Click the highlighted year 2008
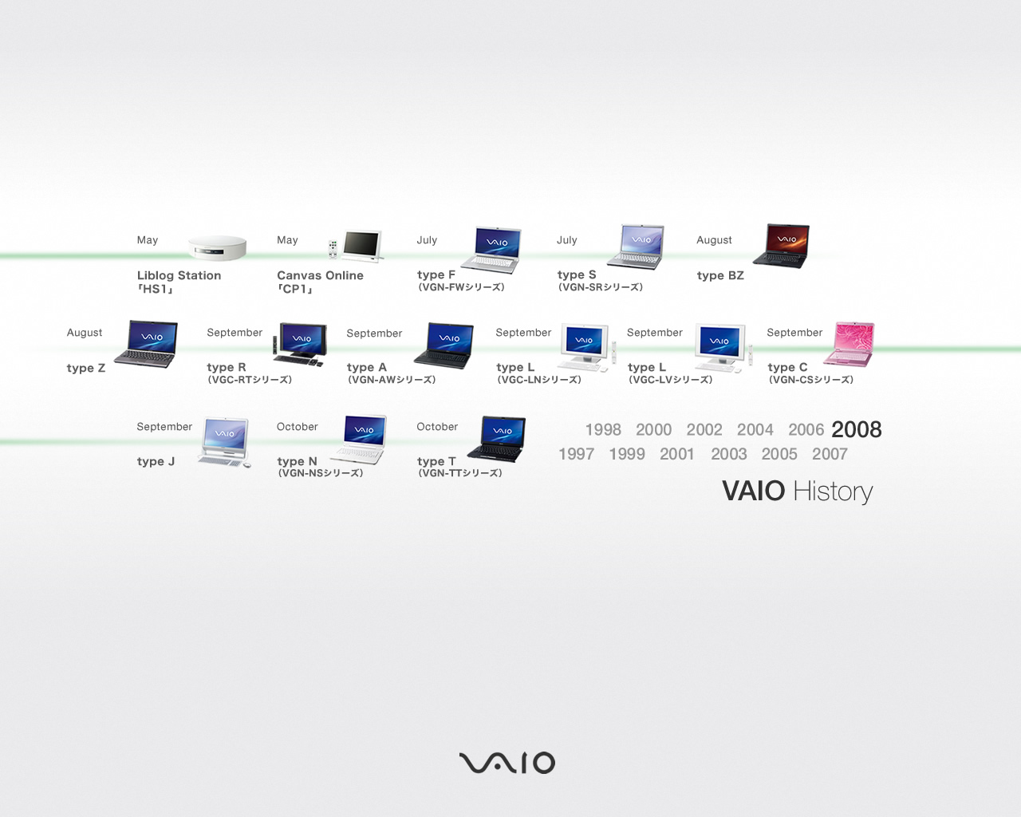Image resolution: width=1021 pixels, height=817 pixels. (857, 429)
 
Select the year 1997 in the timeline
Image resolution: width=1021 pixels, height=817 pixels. (576, 454)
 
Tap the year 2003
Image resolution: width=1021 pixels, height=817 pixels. (729, 454)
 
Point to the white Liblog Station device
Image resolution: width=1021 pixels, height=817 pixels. (217, 248)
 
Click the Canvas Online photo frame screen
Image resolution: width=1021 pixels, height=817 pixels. (362, 245)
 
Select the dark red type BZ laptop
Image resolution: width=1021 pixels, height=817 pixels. (782, 246)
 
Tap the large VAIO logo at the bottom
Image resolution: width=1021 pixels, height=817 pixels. (507, 763)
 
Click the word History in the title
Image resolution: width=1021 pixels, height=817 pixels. (833, 491)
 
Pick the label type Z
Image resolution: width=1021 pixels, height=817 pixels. (86, 368)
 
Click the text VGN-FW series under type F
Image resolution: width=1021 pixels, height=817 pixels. (461, 287)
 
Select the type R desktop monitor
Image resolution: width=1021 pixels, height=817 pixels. (302, 341)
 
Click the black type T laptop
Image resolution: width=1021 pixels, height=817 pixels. (497, 439)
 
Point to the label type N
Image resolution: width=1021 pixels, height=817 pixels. (297, 461)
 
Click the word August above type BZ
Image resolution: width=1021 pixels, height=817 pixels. (714, 240)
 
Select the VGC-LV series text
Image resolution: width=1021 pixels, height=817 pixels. (670, 380)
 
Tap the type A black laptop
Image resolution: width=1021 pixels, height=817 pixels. (444, 345)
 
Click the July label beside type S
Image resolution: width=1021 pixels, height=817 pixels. (567, 240)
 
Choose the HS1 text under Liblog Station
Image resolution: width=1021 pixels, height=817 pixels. (155, 289)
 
